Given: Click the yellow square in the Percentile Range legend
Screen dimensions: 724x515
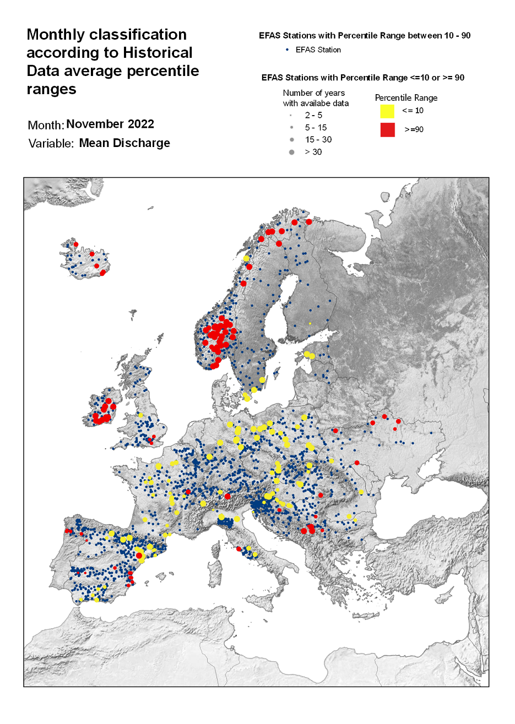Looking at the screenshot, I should coord(387,111).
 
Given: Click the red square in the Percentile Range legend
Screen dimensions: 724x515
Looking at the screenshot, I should coord(387,129).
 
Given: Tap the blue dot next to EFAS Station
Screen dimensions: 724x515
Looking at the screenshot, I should coord(287,50).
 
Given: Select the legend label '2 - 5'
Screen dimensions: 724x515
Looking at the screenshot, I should coord(313,115).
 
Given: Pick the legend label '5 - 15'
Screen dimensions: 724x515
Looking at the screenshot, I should coord(316,127).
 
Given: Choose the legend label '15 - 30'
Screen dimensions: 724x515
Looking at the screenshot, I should coord(318,139).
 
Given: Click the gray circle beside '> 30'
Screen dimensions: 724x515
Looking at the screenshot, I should coord(292,152).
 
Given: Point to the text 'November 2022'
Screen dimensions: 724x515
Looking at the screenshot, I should coord(110,124).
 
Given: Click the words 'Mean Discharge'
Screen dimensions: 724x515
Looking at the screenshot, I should coord(124,143).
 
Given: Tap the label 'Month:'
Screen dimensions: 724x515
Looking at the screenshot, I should coord(46,125).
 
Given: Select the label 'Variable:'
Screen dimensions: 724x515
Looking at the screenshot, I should coord(51,144).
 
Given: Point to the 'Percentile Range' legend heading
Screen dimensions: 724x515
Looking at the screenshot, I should coord(406,97).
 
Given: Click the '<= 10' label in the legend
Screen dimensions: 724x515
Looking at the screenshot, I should coord(413,111).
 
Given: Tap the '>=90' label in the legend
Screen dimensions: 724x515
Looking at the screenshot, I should coord(414,130).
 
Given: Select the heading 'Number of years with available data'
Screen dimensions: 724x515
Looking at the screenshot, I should coord(315,98).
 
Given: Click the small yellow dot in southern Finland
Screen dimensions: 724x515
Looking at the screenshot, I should coord(310,323).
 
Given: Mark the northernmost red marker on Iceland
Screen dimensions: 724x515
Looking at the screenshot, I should coord(76,244).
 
